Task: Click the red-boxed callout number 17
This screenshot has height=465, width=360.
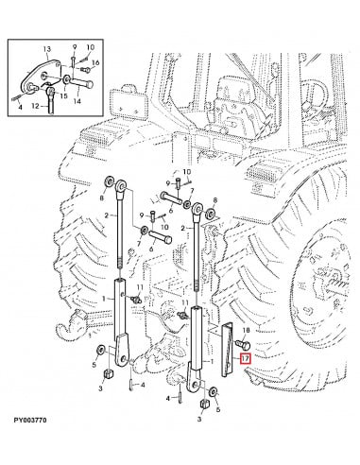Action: pos(245,358)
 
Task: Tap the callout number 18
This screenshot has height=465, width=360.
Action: pos(246,330)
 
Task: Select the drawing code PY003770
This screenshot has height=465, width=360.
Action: pos(30,420)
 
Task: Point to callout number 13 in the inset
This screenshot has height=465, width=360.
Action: pos(46,49)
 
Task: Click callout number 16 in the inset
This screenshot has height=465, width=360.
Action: pos(95,63)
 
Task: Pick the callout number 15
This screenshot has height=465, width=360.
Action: pos(63,95)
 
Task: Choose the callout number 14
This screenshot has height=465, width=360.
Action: pos(77,101)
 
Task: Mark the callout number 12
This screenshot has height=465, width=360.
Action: pos(35,106)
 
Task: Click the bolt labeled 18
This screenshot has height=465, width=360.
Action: pos(243,345)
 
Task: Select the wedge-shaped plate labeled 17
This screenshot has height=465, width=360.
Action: pos(228,350)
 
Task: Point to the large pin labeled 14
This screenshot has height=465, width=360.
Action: pos(81,84)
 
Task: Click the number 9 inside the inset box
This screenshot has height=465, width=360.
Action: pos(75,46)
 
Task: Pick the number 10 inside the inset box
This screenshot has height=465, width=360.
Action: pos(91,47)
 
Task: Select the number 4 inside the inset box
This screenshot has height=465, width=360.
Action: pos(20,107)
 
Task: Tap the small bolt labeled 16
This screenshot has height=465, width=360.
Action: pos(84,69)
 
